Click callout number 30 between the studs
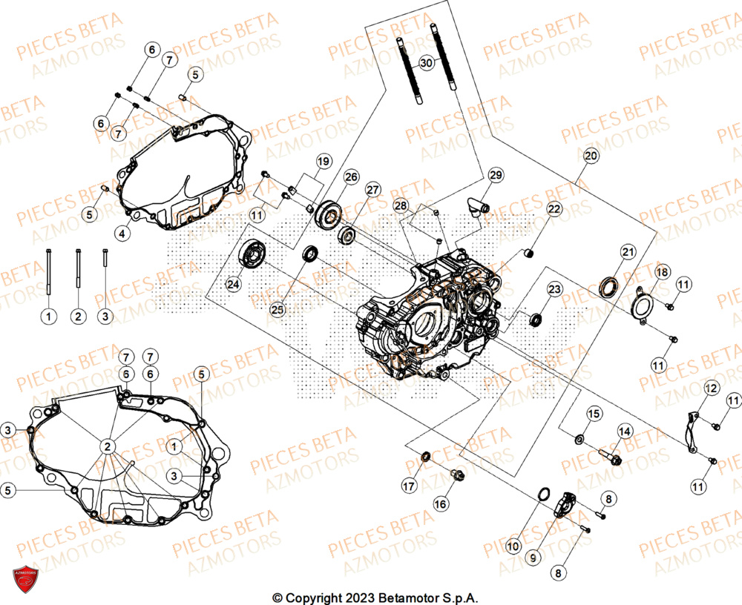(x=425, y=64)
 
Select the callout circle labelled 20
(x=590, y=156)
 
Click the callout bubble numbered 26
(x=350, y=177)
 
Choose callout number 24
(x=234, y=284)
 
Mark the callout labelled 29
(x=496, y=175)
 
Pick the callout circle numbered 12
(x=711, y=388)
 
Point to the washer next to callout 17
(x=426, y=456)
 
